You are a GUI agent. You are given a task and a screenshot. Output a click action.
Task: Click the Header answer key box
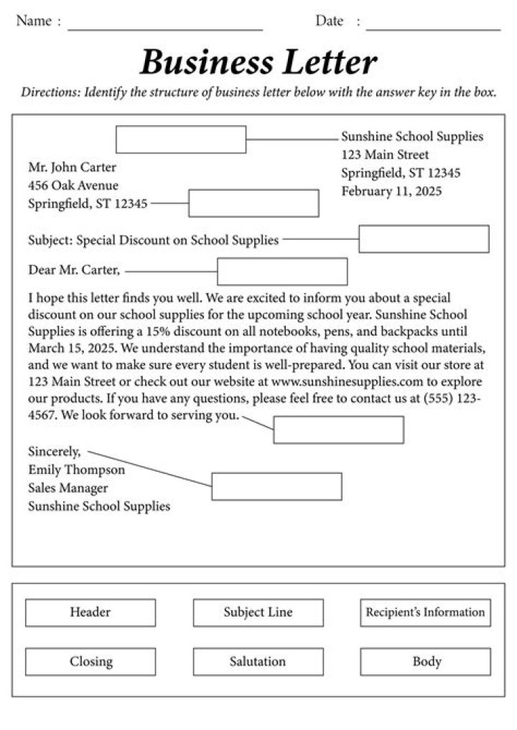tap(90, 612)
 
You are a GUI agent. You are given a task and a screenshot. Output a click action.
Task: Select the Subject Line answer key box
tap(258, 612)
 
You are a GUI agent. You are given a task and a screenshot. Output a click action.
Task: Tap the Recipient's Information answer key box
tap(425, 612)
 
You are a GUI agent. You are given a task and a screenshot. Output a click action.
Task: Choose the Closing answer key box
tap(90, 661)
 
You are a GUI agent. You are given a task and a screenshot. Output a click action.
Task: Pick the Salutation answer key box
tap(258, 661)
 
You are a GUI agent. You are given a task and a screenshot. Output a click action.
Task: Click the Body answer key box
tap(425, 661)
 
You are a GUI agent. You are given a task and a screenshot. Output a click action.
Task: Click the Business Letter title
tap(258, 62)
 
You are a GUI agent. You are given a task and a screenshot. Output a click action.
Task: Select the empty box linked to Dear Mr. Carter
tap(282, 272)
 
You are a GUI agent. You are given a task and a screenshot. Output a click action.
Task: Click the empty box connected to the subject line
tap(424, 239)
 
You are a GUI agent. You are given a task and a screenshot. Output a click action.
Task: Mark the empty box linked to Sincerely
tap(276, 486)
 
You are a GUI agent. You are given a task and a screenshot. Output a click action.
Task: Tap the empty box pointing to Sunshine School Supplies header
tap(181, 139)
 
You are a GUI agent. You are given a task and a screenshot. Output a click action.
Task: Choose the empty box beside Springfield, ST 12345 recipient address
tap(253, 203)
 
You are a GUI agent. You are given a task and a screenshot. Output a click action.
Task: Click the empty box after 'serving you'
tap(338, 430)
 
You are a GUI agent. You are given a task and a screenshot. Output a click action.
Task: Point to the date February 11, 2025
tap(391, 191)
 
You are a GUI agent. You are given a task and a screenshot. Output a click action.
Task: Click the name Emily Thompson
tap(76, 470)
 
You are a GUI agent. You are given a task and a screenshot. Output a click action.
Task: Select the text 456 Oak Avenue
tap(73, 185)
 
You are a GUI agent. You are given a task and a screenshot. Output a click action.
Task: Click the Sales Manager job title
tap(68, 488)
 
